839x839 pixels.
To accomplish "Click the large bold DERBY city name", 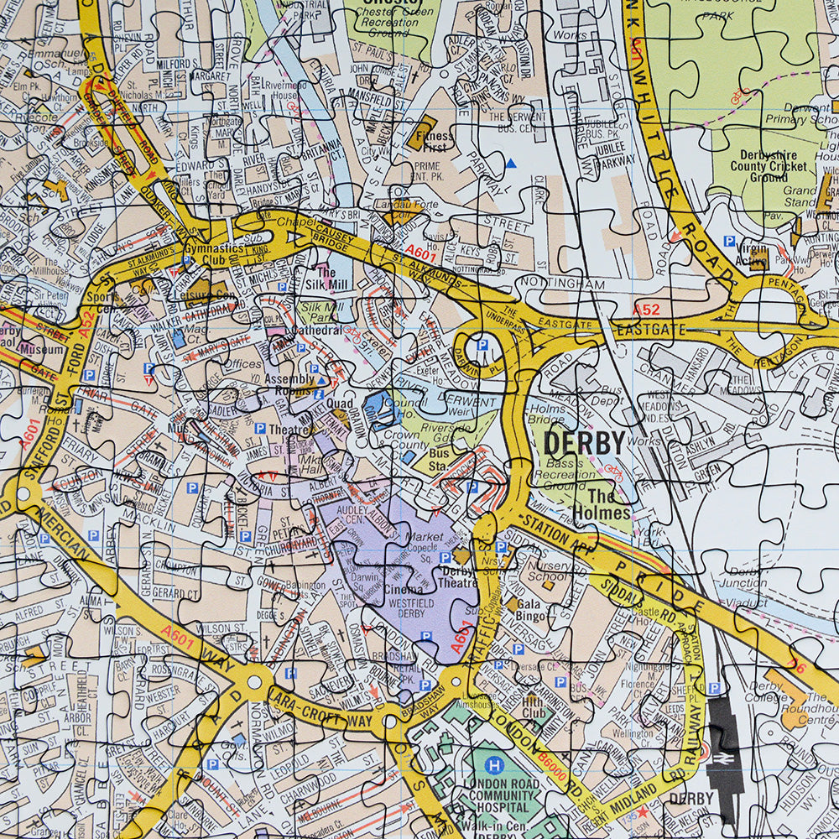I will tap(584, 442).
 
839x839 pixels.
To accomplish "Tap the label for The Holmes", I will tap(602, 503).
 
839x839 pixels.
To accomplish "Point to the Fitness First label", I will tap(434, 139).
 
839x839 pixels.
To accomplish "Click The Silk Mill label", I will tap(326, 279).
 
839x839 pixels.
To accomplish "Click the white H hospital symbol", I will tap(496, 765).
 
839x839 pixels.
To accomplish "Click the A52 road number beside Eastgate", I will tap(646, 310).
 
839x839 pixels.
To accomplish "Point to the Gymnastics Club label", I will tap(215, 255).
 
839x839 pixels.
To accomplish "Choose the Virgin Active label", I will tap(753, 253).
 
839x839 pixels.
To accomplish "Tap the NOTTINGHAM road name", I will tap(561, 284).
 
